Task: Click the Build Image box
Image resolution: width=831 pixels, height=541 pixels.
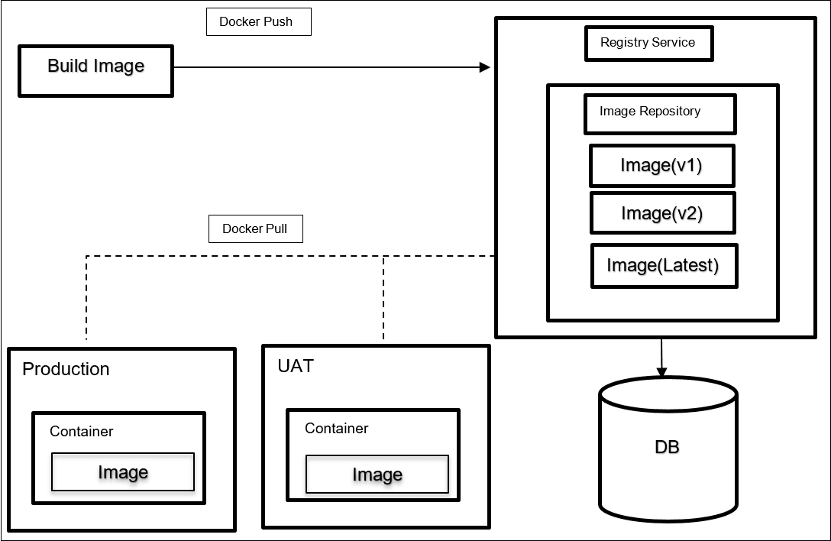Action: [x=96, y=71]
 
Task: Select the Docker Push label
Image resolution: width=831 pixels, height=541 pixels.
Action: [x=259, y=21]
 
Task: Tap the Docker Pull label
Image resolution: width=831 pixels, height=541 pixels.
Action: [x=255, y=228]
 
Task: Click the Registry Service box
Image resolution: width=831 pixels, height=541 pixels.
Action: [x=648, y=43]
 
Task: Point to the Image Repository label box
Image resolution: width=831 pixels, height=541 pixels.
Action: [x=659, y=113]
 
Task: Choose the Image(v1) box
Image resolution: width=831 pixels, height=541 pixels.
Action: [x=661, y=166]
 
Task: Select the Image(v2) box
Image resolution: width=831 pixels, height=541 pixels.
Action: [x=662, y=213]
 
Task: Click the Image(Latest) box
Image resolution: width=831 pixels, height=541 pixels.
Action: [x=664, y=266]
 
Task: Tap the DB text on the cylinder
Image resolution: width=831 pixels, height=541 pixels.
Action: [x=667, y=446]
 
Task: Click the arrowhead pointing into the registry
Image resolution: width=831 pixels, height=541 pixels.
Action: [x=484, y=67]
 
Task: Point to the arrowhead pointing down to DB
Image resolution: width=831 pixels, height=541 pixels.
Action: [x=661, y=371]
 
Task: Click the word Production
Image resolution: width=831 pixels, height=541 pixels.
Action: [x=66, y=369]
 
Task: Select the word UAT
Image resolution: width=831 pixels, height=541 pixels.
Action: [x=296, y=366]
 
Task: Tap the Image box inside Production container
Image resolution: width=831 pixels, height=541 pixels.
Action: [x=123, y=472]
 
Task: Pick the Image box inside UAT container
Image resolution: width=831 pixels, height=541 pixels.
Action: [x=377, y=475]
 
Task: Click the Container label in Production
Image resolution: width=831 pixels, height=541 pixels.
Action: [x=82, y=432]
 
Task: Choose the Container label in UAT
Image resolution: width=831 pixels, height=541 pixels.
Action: [x=336, y=429]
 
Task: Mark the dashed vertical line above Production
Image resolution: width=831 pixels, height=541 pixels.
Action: [x=86, y=298]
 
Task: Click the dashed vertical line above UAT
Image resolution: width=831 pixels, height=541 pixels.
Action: [x=383, y=298]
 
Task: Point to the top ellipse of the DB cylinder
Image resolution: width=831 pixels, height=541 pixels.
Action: [x=668, y=394]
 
